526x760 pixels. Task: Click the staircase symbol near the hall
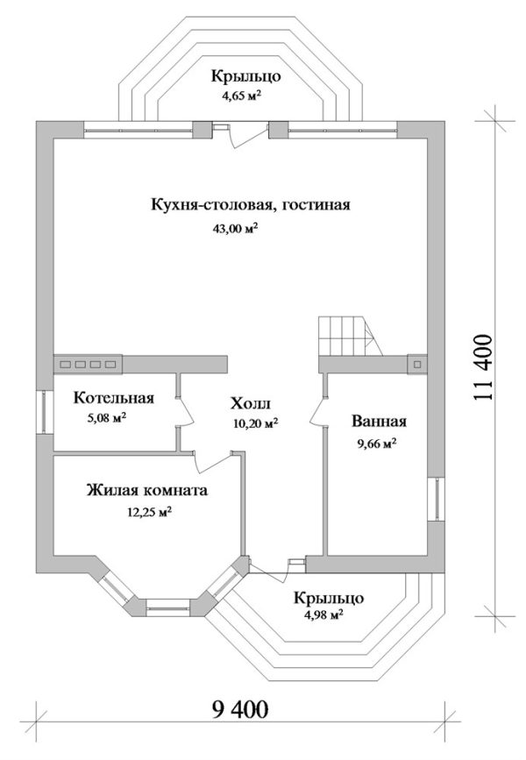[345, 336]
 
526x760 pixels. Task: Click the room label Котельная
[114, 399]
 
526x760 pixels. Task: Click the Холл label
[252, 403]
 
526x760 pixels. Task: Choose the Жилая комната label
[147, 491]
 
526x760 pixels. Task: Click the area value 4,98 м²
[322, 614]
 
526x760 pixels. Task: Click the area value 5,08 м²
[106, 418]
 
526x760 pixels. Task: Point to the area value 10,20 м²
[255, 423]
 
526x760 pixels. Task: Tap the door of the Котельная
[185, 410]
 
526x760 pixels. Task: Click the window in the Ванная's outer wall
[436, 501]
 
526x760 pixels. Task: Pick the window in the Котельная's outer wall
[42, 412]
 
